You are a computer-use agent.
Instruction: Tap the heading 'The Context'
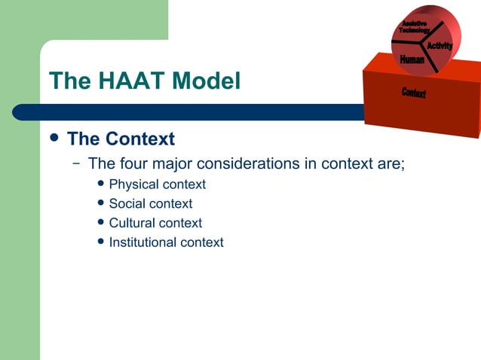121,139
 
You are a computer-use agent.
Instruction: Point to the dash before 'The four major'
75,163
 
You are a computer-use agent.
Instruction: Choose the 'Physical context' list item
157,185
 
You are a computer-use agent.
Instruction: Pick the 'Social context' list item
150,203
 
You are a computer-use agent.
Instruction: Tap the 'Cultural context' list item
155,223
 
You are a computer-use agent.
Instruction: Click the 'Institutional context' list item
166,243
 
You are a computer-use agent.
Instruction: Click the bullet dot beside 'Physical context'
102,184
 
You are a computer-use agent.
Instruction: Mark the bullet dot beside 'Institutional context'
102,242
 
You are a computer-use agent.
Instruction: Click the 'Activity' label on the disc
440,47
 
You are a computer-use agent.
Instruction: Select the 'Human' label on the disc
412,59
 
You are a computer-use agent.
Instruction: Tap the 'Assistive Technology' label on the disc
414,27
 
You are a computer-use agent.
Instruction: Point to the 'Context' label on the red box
414,93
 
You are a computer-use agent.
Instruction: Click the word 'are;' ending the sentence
391,163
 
